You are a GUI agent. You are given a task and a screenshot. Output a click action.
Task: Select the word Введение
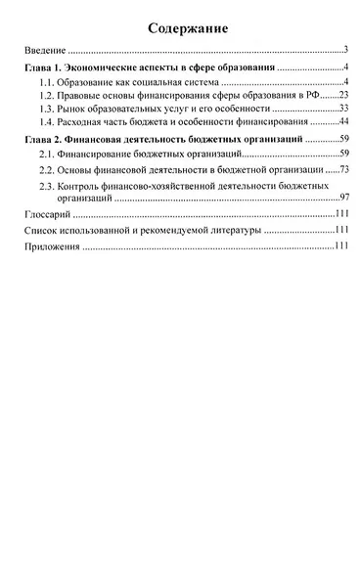click(44, 49)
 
